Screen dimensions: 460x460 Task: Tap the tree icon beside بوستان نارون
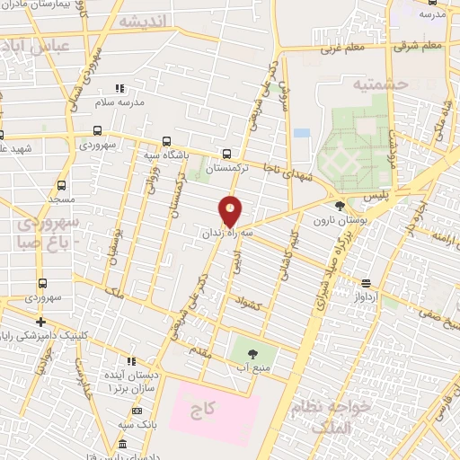coord(339,206)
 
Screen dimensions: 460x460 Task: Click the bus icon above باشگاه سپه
coord(166,141)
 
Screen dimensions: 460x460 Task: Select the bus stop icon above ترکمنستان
coord(226,154)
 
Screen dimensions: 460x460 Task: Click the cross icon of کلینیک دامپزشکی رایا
coord(40,322)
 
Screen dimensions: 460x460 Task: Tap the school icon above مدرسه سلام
coord(119,89)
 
